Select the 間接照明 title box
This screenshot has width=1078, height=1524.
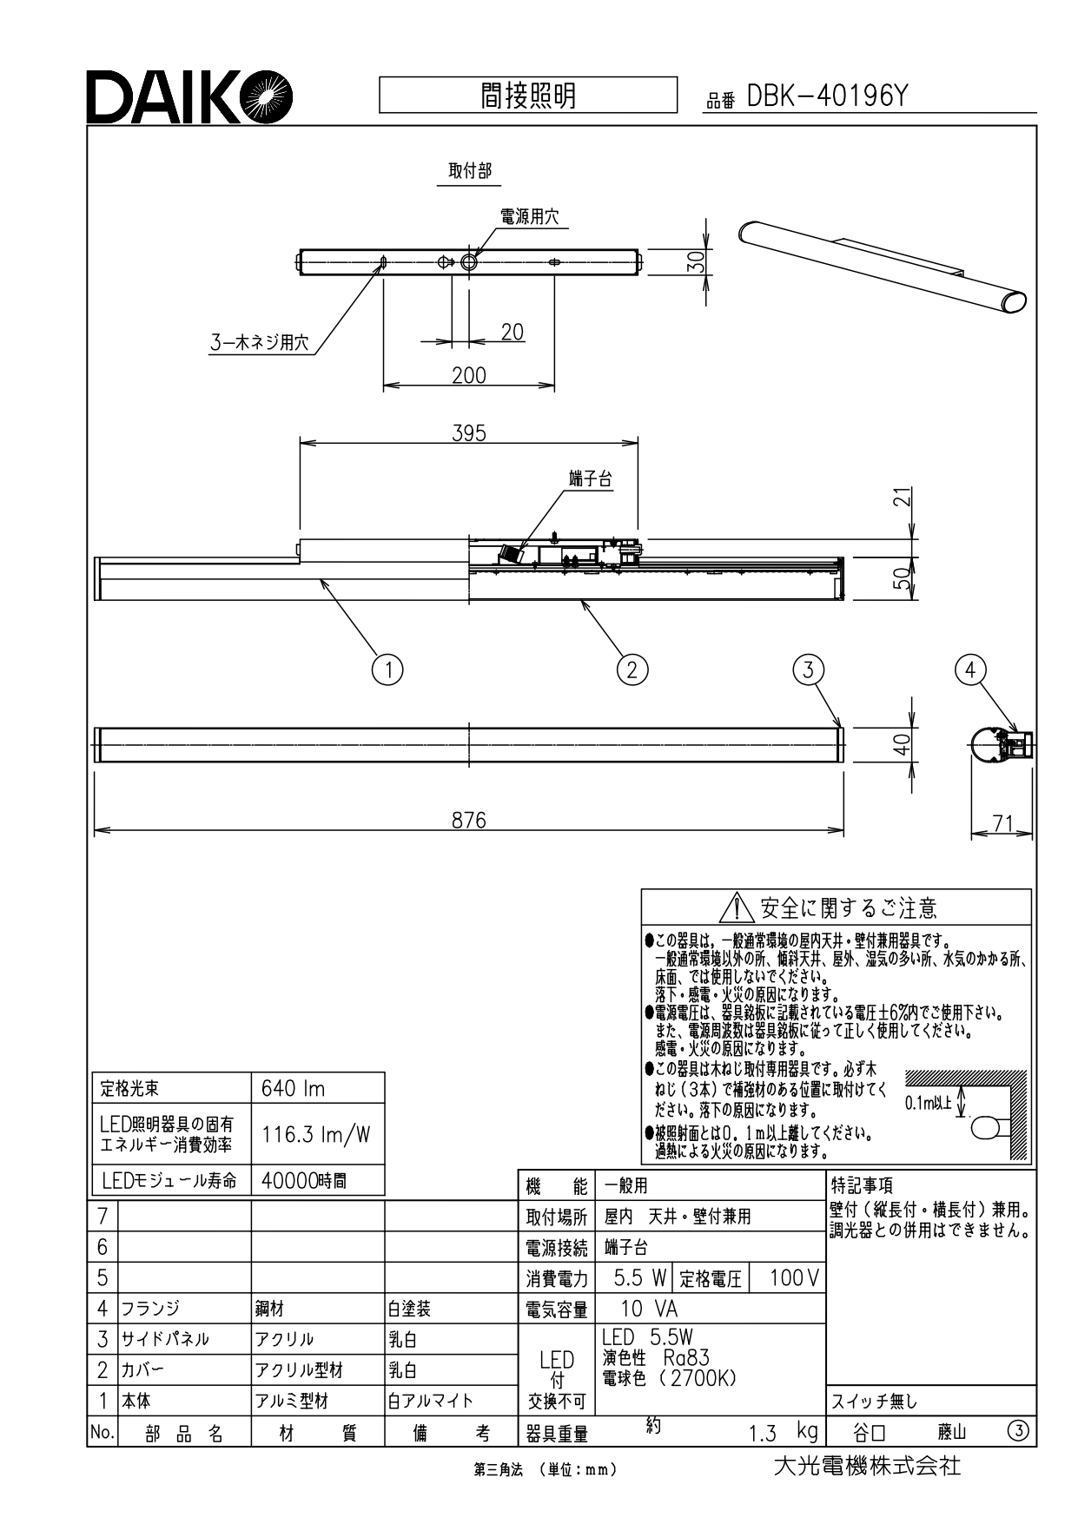click(x=528, y=95)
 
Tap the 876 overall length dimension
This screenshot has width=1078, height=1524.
click(x=469, y=820)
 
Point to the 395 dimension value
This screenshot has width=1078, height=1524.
click(x=469, y=432)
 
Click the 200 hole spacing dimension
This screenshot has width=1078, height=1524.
click(x=469, y=375)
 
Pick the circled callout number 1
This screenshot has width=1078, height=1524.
click(x=387, y=669)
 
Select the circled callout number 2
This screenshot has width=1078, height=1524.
click(x=632, y=669)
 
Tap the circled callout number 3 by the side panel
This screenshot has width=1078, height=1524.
click(x=808, y=669)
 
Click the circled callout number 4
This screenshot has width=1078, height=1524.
click(x=970, y=669)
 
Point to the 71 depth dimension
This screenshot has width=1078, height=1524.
click(x=1002, y=823)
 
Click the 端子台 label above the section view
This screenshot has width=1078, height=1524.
click(x=591, y=479)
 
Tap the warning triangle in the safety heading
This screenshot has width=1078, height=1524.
click(x=737, y=907)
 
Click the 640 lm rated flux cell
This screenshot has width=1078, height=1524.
click(x=318, y=1088)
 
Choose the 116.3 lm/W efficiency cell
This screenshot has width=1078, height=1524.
click(x=318, y=1134)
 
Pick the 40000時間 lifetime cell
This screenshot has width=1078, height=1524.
click(x=318, y=1180)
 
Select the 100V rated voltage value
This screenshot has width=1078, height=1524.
click(x=794, y=1278)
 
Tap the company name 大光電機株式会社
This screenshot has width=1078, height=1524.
click(x=867, y=1466)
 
